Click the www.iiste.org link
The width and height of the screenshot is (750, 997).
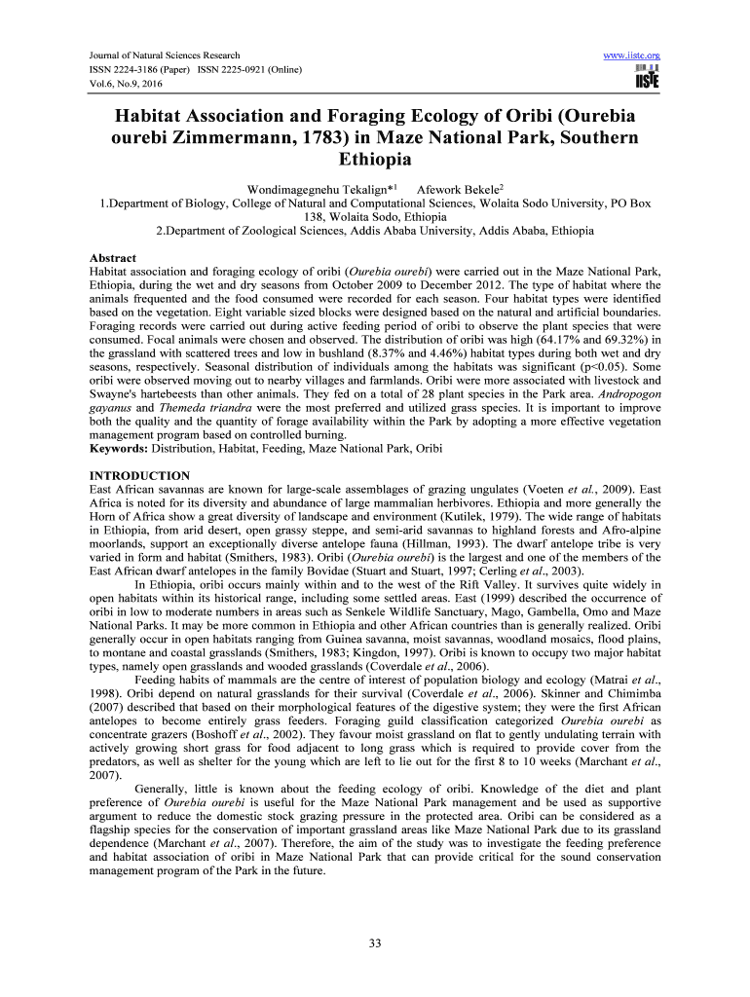[x=633, y=55]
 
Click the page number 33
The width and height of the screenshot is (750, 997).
[x=374, y=942]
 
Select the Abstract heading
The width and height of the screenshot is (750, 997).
[x=112, y=258]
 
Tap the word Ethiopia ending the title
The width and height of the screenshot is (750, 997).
[x=374, y=159]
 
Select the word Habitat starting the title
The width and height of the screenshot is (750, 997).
[x=151, y=116]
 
